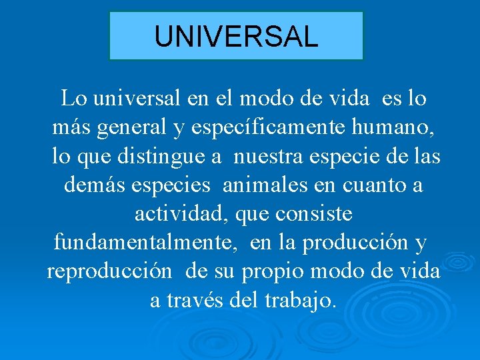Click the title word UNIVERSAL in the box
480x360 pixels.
[236, 36]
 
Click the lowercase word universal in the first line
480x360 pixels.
[137, 99]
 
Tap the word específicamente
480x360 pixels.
[265, 127]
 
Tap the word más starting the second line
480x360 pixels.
[71, 127]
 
